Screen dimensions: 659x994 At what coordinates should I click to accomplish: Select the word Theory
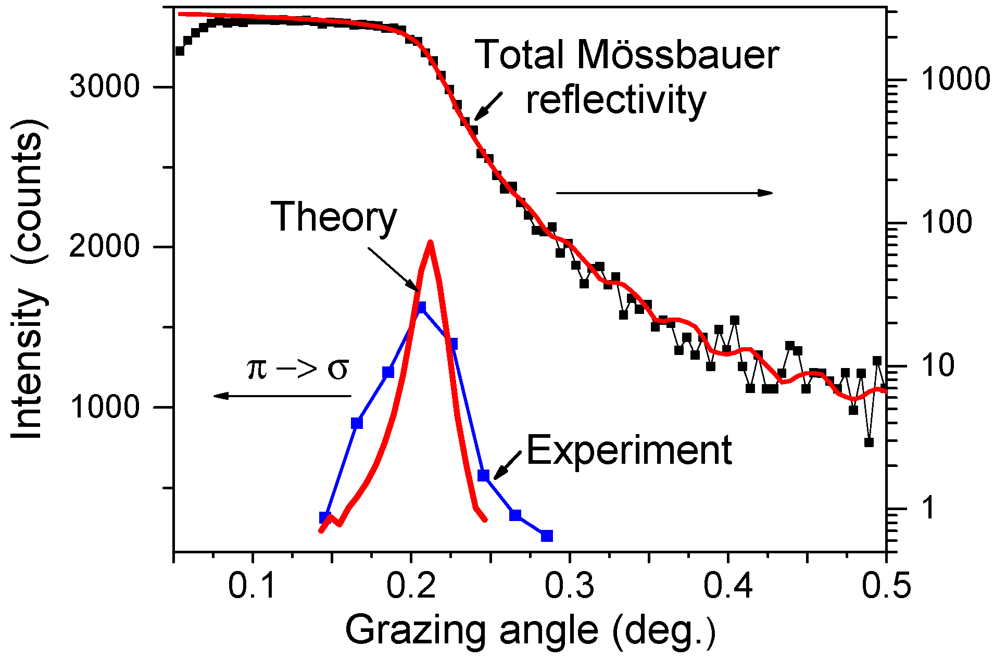coord(334,217)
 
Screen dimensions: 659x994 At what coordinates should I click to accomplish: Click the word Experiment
coord(629,450)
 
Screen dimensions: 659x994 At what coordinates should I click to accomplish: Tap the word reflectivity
coord(615,100)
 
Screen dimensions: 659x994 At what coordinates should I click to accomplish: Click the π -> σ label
coord(297,369)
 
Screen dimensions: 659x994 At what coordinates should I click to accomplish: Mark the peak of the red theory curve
coord(430,243)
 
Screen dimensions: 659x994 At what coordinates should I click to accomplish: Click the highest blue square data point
coord(421,307)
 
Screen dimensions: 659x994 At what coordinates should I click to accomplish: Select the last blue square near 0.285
coord(547,536)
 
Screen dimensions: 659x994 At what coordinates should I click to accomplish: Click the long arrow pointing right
coord(664,193)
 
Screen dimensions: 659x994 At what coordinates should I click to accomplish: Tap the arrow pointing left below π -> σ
coord(282,396)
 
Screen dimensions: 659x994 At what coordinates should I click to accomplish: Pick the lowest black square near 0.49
coord(869,442)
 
